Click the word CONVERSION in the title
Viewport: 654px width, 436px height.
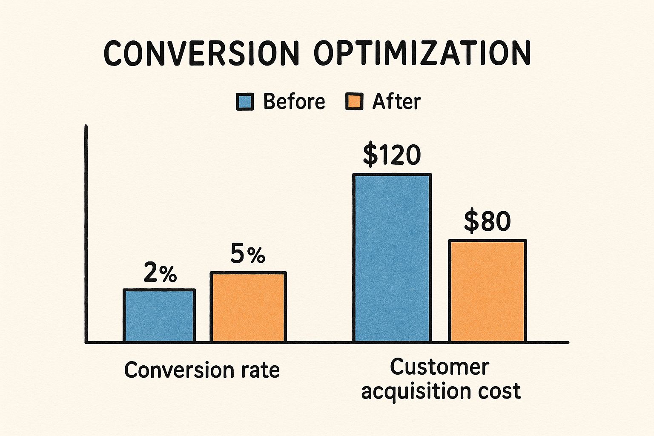click(201, 54)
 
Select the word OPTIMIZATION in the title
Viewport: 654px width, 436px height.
click(422, 54)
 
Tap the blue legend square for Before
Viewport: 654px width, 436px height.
click(245, 102)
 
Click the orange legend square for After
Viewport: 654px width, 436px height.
click(354, 102)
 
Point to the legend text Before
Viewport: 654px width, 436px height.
click(294, 102)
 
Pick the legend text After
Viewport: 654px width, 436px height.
click(396, 102)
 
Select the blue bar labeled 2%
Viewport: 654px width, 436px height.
click(159, 316)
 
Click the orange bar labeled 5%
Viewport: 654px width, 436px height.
click(248, 307)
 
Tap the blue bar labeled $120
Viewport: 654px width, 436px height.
click(392, 258)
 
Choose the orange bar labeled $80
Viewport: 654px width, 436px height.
click(487, 291)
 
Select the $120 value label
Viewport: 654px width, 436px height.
click(392, 155)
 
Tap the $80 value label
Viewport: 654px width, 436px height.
click(487, 222)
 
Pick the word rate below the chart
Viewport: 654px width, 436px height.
click(261, 370)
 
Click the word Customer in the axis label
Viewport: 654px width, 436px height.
click(439, 367)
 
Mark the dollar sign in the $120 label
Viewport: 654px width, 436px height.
click(370, 155)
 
